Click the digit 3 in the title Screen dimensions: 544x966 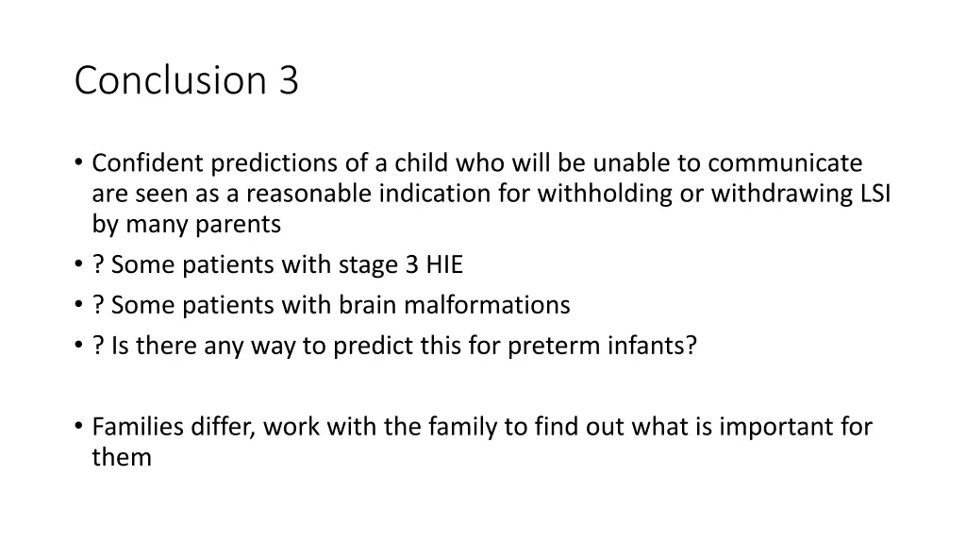pyautogui.click(x=289, y=81)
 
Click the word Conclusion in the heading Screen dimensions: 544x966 pyautogui.click(x=172, y=81)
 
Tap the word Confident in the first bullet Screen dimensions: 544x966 pyautogui.click(x=148, y=163)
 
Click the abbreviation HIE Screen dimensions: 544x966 pyautogui.click(x=443, y=265)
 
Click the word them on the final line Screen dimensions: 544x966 pyautogui.click(x=122, y=458)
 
